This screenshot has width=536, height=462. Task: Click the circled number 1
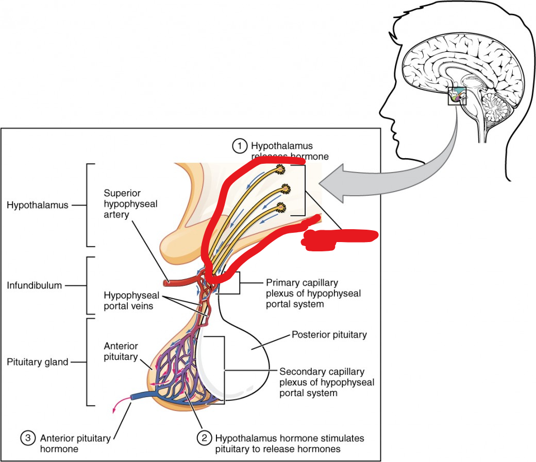(239, 146)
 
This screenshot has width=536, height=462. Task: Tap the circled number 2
(205, 438)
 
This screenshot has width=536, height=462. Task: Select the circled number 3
(28, 438)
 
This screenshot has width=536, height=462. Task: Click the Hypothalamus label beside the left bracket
(38, 205)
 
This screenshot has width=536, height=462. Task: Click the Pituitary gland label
(38, 362)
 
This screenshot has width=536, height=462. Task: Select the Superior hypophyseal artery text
(130, 204)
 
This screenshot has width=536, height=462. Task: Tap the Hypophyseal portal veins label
(131, 300)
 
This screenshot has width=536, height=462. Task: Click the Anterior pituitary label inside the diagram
(121, 352)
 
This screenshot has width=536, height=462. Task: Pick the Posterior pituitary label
(329, 335)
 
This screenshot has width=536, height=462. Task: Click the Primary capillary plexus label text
(313, 294)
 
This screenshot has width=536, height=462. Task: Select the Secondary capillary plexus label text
(326, 382)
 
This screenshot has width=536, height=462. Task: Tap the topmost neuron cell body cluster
(281, 168)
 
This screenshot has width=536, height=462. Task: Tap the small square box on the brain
(457, 96)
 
